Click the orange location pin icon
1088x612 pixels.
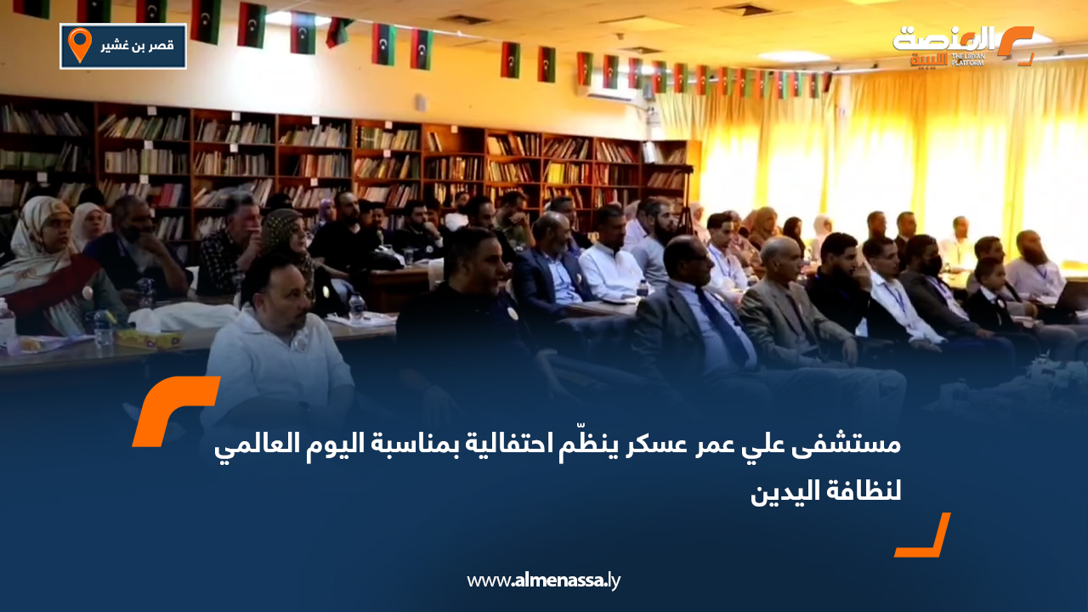point(79,45)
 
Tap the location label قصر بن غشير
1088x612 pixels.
point(137,46)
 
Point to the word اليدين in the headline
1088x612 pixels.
point(783,491)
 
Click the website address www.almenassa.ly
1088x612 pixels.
point(544,581)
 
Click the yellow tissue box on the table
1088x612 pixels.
point(148,337)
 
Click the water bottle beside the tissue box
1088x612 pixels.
point(104,330)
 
